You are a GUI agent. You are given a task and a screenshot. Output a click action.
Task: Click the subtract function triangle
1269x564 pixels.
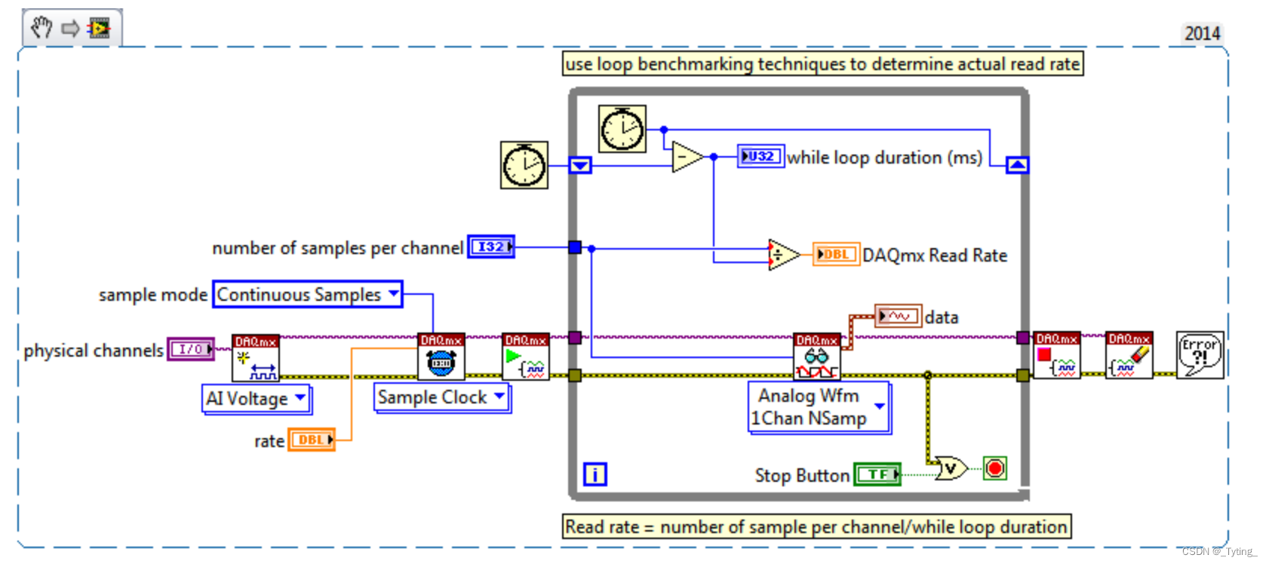[x=686, y=157]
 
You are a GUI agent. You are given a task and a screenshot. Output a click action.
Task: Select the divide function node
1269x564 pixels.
[x=782, y=255]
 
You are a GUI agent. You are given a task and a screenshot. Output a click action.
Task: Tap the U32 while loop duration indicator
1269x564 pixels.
[x=760, y=156]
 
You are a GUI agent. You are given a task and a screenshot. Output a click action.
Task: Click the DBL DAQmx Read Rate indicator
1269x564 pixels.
[x=836, y=255]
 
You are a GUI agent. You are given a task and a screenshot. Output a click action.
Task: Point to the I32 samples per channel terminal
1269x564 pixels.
[x=490, y=247]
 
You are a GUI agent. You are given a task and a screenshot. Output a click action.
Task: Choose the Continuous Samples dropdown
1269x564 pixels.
[x=307, y=294]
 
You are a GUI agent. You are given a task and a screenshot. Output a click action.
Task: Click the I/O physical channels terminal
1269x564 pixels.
[x=190, y=349]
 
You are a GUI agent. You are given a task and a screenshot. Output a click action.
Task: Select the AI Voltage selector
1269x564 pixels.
[x=257, y=398]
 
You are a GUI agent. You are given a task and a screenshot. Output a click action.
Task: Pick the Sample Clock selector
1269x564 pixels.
[x=441, y=397]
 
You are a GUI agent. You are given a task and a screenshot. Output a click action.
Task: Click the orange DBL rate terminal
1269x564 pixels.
[x=311, y=440]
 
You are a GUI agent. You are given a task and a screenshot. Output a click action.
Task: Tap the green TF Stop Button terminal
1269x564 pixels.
[x=877, y=474]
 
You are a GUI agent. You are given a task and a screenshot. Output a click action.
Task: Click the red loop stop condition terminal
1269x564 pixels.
[x=994, y=468]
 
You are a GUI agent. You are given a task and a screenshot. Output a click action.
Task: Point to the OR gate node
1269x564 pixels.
[x=951, y=469]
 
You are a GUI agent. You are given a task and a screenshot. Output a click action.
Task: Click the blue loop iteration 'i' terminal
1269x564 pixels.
[x=595, y=474]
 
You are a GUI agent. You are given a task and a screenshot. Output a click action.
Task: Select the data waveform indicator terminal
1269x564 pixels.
[x=898, y=316]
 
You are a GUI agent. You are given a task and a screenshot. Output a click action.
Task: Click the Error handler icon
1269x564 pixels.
[x=1200, y=354]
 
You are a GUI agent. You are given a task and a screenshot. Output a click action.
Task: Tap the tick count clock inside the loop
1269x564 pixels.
[x=622, y=129]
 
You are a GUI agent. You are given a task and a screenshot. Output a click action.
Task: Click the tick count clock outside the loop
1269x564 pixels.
[x=524, y=164]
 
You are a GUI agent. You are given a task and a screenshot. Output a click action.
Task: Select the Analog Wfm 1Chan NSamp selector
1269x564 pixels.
[x=819, y=407]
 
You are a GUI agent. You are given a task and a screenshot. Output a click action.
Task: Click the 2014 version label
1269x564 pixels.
[x=1202, y=33]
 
